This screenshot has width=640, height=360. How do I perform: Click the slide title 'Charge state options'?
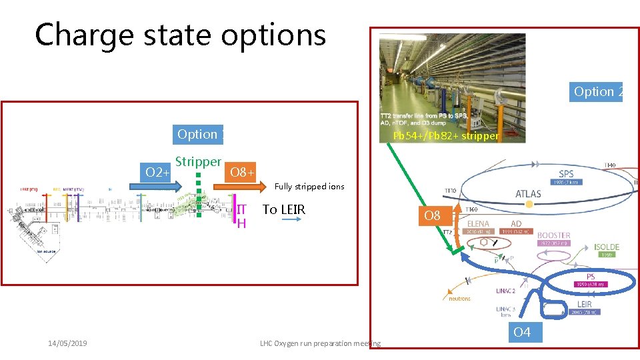[181, 35]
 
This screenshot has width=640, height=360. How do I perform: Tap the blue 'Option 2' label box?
[597, 91]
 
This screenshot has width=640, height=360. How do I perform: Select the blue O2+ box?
[157, 173]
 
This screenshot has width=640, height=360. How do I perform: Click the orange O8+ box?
[240, 173]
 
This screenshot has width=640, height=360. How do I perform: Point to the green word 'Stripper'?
[198, 161]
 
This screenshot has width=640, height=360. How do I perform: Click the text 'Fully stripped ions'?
[309, 187]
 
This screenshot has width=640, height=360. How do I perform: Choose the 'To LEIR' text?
[284, 209]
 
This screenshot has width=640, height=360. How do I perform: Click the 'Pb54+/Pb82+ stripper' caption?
[445, 135]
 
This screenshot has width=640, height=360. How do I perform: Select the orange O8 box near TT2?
[433, 215]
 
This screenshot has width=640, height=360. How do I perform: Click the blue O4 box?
[522, 332]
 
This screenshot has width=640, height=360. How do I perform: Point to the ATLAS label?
[528, 194]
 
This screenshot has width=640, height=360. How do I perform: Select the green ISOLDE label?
[607, 247]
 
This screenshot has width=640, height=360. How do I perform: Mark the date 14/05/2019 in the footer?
[68, 343]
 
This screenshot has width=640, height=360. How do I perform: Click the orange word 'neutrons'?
[460, 298]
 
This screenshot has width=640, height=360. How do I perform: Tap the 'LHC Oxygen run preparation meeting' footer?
[320, 343]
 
